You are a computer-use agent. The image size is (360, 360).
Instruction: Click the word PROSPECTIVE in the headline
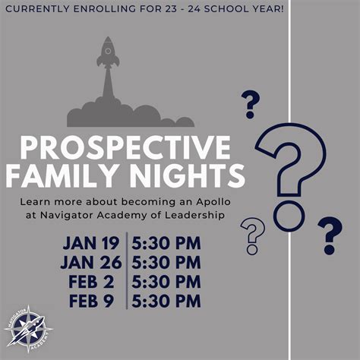click(125, 147)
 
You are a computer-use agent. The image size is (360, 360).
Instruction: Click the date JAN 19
click(91, 243)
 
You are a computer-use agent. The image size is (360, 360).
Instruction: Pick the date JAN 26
click(91, 262)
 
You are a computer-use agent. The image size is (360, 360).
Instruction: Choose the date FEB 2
click(91, 282)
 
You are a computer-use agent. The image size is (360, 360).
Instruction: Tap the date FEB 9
click(91, 301)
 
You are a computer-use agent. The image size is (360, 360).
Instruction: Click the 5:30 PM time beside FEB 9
click(166, 301)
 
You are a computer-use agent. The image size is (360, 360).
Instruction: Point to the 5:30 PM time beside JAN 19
click(166, 243)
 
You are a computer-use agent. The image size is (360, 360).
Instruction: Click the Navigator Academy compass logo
click(28, 329)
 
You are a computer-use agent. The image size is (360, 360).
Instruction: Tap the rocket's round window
click(108, 52)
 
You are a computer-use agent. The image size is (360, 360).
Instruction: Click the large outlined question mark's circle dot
click(289, 215)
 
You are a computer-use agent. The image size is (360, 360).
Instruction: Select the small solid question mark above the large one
click(251, 105)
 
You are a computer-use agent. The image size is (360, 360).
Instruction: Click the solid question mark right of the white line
click(330, 235)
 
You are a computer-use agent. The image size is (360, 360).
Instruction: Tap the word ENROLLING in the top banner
click(104, 9)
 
